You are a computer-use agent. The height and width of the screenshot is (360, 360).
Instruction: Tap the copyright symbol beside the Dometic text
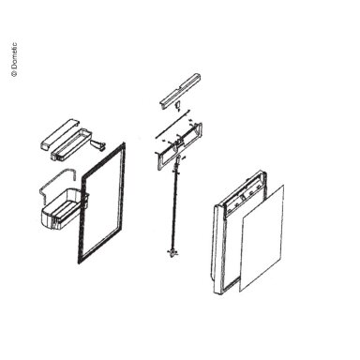click(14, 74)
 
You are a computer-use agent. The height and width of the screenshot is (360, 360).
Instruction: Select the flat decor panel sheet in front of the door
click(262, 238)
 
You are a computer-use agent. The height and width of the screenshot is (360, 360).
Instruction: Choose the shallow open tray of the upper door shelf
click(71, 144)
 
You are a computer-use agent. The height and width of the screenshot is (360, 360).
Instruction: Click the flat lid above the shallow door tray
click(60, 134)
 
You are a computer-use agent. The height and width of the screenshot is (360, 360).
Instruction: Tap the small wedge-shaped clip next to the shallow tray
click(98, 145)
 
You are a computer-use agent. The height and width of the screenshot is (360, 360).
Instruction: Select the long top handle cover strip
click(180, 91)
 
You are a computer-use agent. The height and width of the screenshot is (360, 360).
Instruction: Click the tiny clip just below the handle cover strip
click(178, 106)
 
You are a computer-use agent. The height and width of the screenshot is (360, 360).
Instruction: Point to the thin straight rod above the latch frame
click(172, 123)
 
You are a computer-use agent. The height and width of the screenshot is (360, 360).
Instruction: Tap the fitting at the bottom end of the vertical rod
click(172, 253)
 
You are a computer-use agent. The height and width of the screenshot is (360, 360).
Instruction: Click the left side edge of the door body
click(217, 250)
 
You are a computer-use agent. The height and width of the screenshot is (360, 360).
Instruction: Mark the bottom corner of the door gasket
click(80, 262)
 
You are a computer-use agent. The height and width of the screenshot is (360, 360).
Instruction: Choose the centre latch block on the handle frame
click(179, 144)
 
